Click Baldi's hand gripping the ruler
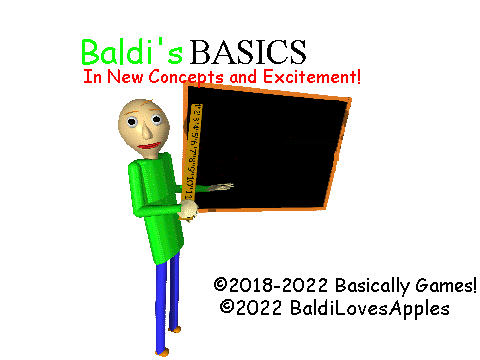pyautogui.click(x=189, y=210)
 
